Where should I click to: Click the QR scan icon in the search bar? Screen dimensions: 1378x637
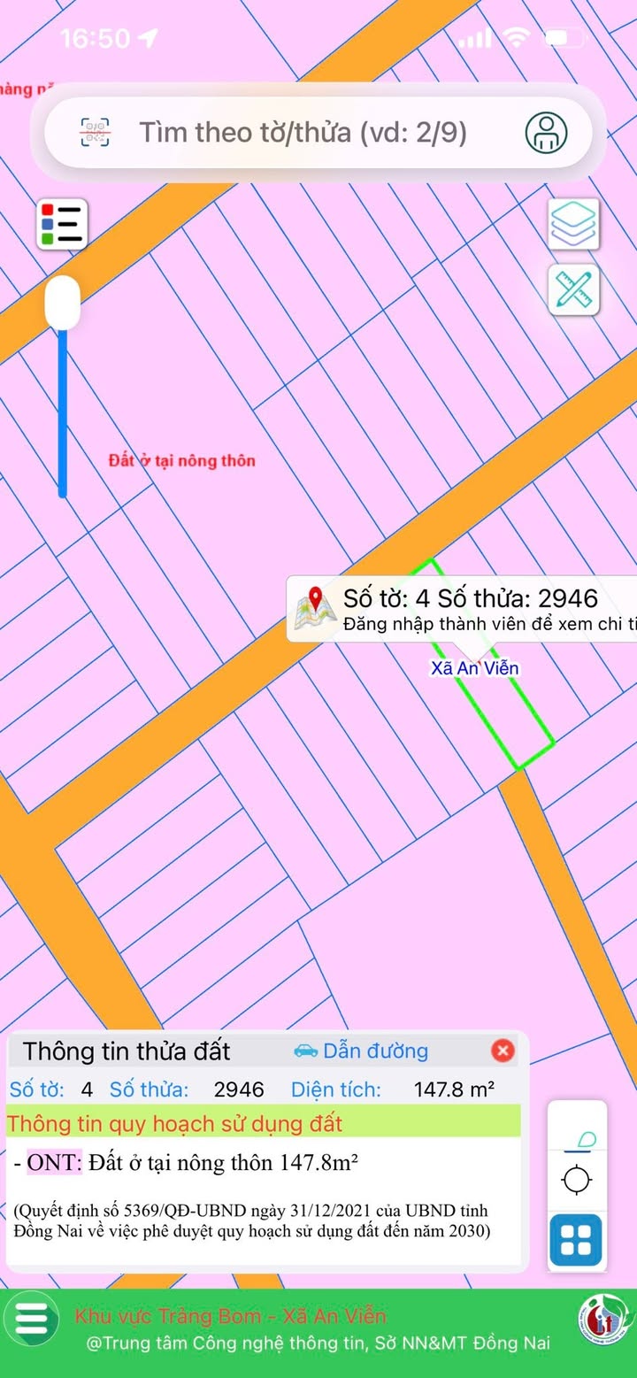(96, 133)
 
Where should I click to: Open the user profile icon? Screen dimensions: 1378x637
(546, 133)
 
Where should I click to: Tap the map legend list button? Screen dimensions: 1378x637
(62, 224)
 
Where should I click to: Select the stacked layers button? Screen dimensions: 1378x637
(574, 224)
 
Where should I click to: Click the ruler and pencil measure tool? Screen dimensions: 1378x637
(574, 290)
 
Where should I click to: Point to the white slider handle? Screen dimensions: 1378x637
(63, 303)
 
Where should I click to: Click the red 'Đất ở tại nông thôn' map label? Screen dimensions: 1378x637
(181, 460)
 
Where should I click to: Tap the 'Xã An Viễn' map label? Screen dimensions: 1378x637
(474, 668)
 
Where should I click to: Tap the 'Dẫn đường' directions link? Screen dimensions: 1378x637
(361, 1051)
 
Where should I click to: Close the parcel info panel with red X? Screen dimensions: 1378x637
(503, 1051)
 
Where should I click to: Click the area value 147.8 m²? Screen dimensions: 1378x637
(454, 1089)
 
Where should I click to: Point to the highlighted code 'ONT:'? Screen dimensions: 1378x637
(55, 1162)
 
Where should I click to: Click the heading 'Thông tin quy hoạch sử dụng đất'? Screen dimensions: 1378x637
(175, 1124)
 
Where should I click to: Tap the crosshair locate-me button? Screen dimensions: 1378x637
(577, 1180)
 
